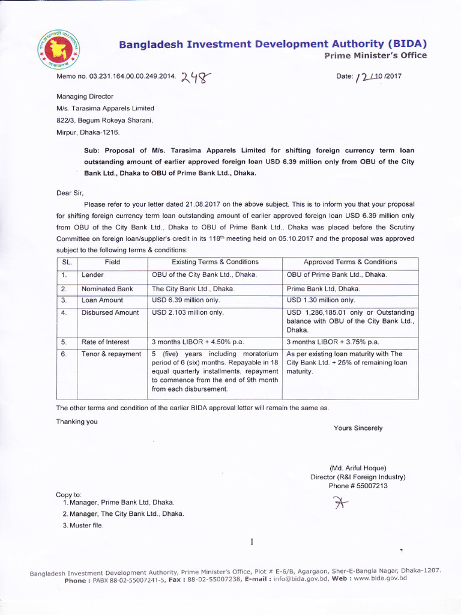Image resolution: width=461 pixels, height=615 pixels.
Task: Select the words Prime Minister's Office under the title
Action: click(x=375, y=56)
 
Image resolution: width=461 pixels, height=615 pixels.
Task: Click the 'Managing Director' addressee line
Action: click(x=85, y=96)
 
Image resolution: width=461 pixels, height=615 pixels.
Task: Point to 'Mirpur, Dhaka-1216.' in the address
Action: click(x=88, y=132)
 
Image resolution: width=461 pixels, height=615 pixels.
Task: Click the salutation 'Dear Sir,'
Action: click(x=70, y=193)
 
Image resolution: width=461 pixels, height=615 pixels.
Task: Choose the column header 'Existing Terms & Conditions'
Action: click(x=215, y=262)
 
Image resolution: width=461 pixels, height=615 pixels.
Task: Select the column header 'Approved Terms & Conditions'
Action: click(x=350, y=262)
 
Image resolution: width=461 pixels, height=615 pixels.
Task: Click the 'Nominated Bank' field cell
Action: click(x=107, y=289)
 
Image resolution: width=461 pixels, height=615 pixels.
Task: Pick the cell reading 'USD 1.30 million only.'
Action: click(x=321, y=300)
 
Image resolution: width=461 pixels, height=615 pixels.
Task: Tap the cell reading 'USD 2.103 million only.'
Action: click(x=187, y=312)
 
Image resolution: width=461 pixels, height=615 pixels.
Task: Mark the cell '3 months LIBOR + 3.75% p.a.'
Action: click(x=333, y=342)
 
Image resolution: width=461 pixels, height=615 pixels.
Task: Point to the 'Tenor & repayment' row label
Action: click(x=111, y=354)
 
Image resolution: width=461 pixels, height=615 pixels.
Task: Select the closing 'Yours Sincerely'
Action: click(x=358, y=428)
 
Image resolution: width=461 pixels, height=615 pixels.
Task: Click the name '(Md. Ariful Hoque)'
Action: click(x=358, y=468)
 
